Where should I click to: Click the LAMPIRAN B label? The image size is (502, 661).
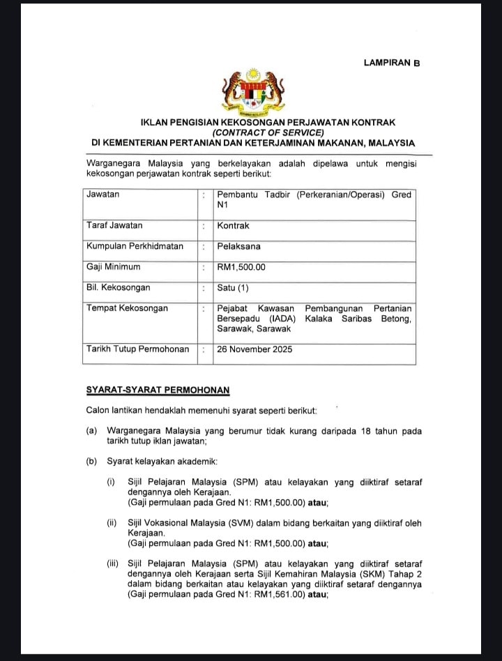(392, 63)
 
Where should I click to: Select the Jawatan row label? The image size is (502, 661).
(102, 195)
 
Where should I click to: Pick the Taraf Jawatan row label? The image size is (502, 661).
(114, 226)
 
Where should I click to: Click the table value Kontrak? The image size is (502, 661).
(233, 226)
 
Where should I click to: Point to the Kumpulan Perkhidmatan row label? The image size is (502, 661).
(135, 246)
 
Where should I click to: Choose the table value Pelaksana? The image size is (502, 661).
(238, 246)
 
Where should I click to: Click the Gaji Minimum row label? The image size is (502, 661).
(113, 266)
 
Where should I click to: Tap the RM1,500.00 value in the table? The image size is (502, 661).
(241, 266)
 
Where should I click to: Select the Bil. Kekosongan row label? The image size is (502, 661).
(118, 287)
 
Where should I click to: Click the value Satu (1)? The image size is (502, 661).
(233, 287)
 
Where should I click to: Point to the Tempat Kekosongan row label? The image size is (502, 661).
(127, 308)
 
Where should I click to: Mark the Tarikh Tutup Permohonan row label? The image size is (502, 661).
(137, 349)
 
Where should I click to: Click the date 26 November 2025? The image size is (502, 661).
(255, 349)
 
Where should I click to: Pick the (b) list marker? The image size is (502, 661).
(91, 462)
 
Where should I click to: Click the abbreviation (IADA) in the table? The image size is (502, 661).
(281, 319)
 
